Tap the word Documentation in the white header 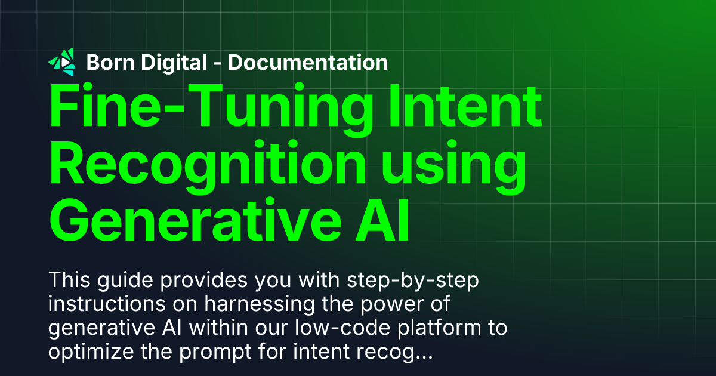pyautogui.click(x=308, y=63)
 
